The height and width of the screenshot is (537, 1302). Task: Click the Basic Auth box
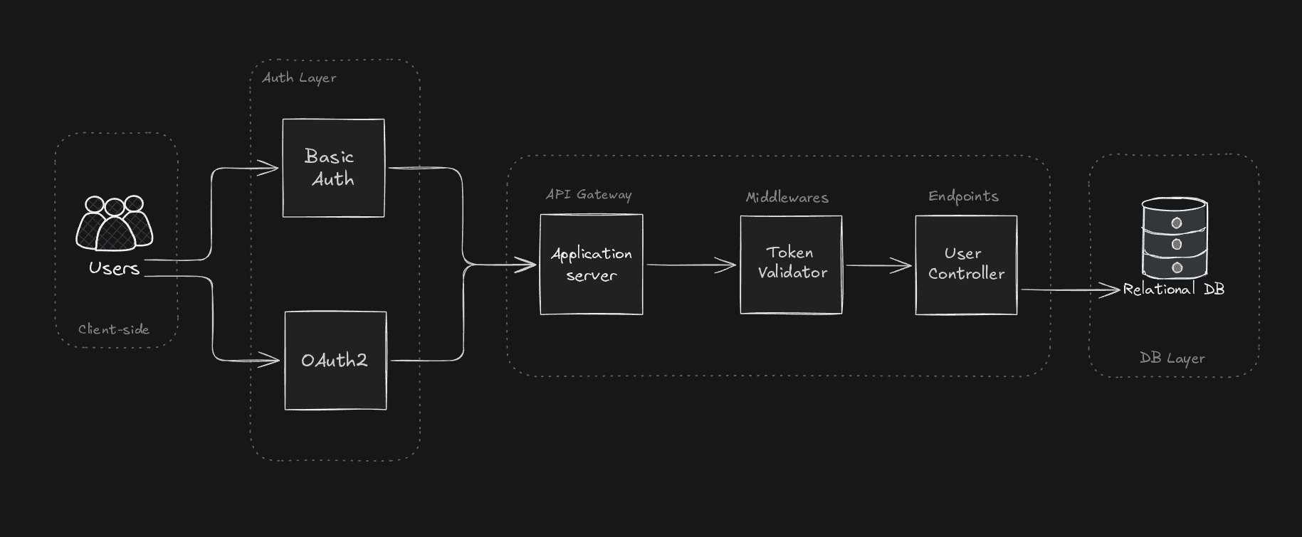(333, 168)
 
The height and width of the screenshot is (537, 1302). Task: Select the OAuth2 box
(335, 361)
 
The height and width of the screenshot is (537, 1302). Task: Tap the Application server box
(591, 264)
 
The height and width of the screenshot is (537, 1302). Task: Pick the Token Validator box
(791, 264)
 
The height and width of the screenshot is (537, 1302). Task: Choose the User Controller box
(966, 264)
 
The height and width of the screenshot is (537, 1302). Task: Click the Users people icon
(115, 223)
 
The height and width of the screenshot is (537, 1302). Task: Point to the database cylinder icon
(1175, 238)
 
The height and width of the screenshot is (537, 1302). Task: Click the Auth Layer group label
(299, 78)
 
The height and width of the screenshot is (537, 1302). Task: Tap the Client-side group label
(114, 329)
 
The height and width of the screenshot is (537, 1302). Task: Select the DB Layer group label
(1172, 358)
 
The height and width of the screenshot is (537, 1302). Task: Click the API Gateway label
(589, 194)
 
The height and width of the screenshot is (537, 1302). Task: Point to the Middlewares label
(787, 197)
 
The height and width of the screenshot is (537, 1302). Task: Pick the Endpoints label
(963, 196)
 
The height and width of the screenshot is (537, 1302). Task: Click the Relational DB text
(1174, 289)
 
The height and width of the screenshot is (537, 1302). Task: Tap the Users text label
(114, 268)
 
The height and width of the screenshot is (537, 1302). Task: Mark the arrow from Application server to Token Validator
(691, 265)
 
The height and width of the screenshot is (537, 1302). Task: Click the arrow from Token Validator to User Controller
(878, 266)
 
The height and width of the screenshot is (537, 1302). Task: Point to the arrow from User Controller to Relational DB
(1068, 289)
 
